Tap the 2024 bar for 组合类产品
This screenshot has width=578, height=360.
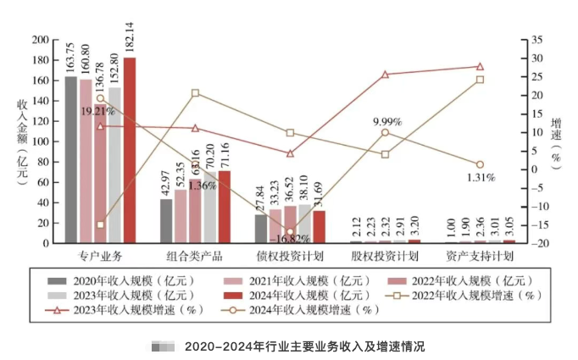[x=225, y=207]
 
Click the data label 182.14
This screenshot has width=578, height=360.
[x=130, y=35]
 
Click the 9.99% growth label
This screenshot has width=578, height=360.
[x=386, y=122]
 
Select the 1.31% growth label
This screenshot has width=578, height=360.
[x=480, y=177]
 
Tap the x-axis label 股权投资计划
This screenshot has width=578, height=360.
[x=385, y=255]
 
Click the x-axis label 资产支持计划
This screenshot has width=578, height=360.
[x=480, y=255]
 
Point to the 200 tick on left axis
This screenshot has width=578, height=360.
[x=38, y=40]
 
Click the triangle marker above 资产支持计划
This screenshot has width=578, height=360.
[x=480, y=66]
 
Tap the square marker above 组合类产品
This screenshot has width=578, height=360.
[x=195, y=93]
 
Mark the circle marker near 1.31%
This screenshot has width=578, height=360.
[x=480, y=164]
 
